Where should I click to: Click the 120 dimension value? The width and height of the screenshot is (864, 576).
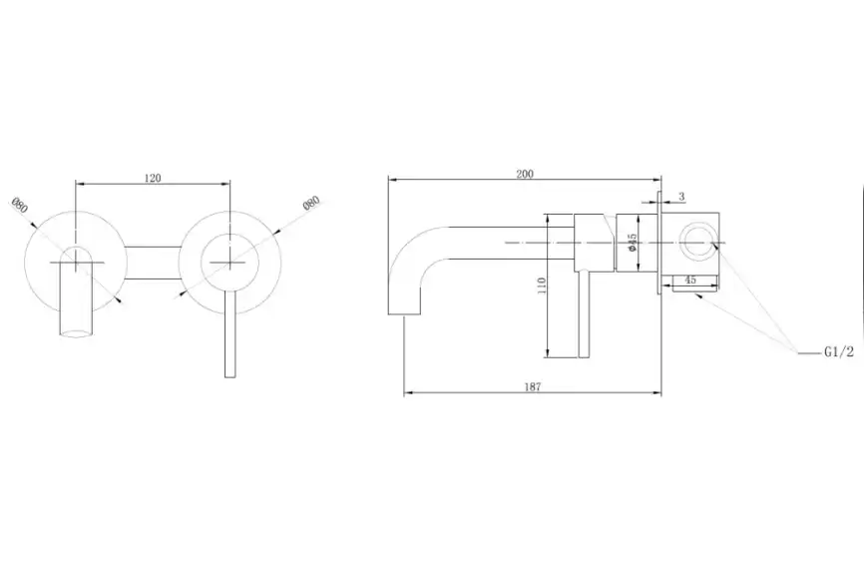pos(153,178)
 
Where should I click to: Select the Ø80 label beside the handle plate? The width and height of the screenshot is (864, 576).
pos(311,203)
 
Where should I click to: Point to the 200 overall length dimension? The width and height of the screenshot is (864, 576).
pos(525,174)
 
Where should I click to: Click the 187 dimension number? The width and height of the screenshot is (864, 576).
pos(531,387)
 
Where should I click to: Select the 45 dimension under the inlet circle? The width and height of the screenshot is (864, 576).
pos(689,281)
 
